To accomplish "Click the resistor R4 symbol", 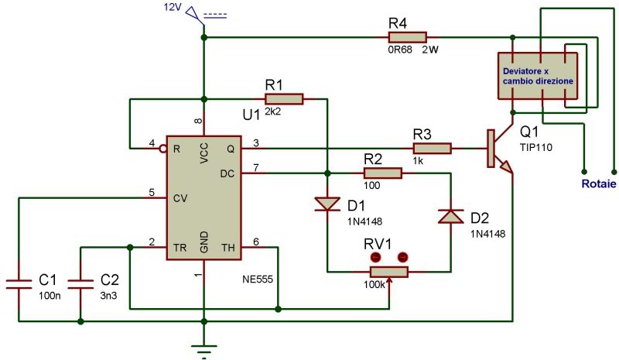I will pos(407,36).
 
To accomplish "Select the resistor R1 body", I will pos(284,98).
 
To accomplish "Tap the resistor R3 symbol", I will pos(433,147).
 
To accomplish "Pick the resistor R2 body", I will pos(382,174).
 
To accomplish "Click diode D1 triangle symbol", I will pos(327,204).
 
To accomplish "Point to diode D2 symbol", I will pos(450,216).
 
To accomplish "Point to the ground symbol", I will pos(204,350).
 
